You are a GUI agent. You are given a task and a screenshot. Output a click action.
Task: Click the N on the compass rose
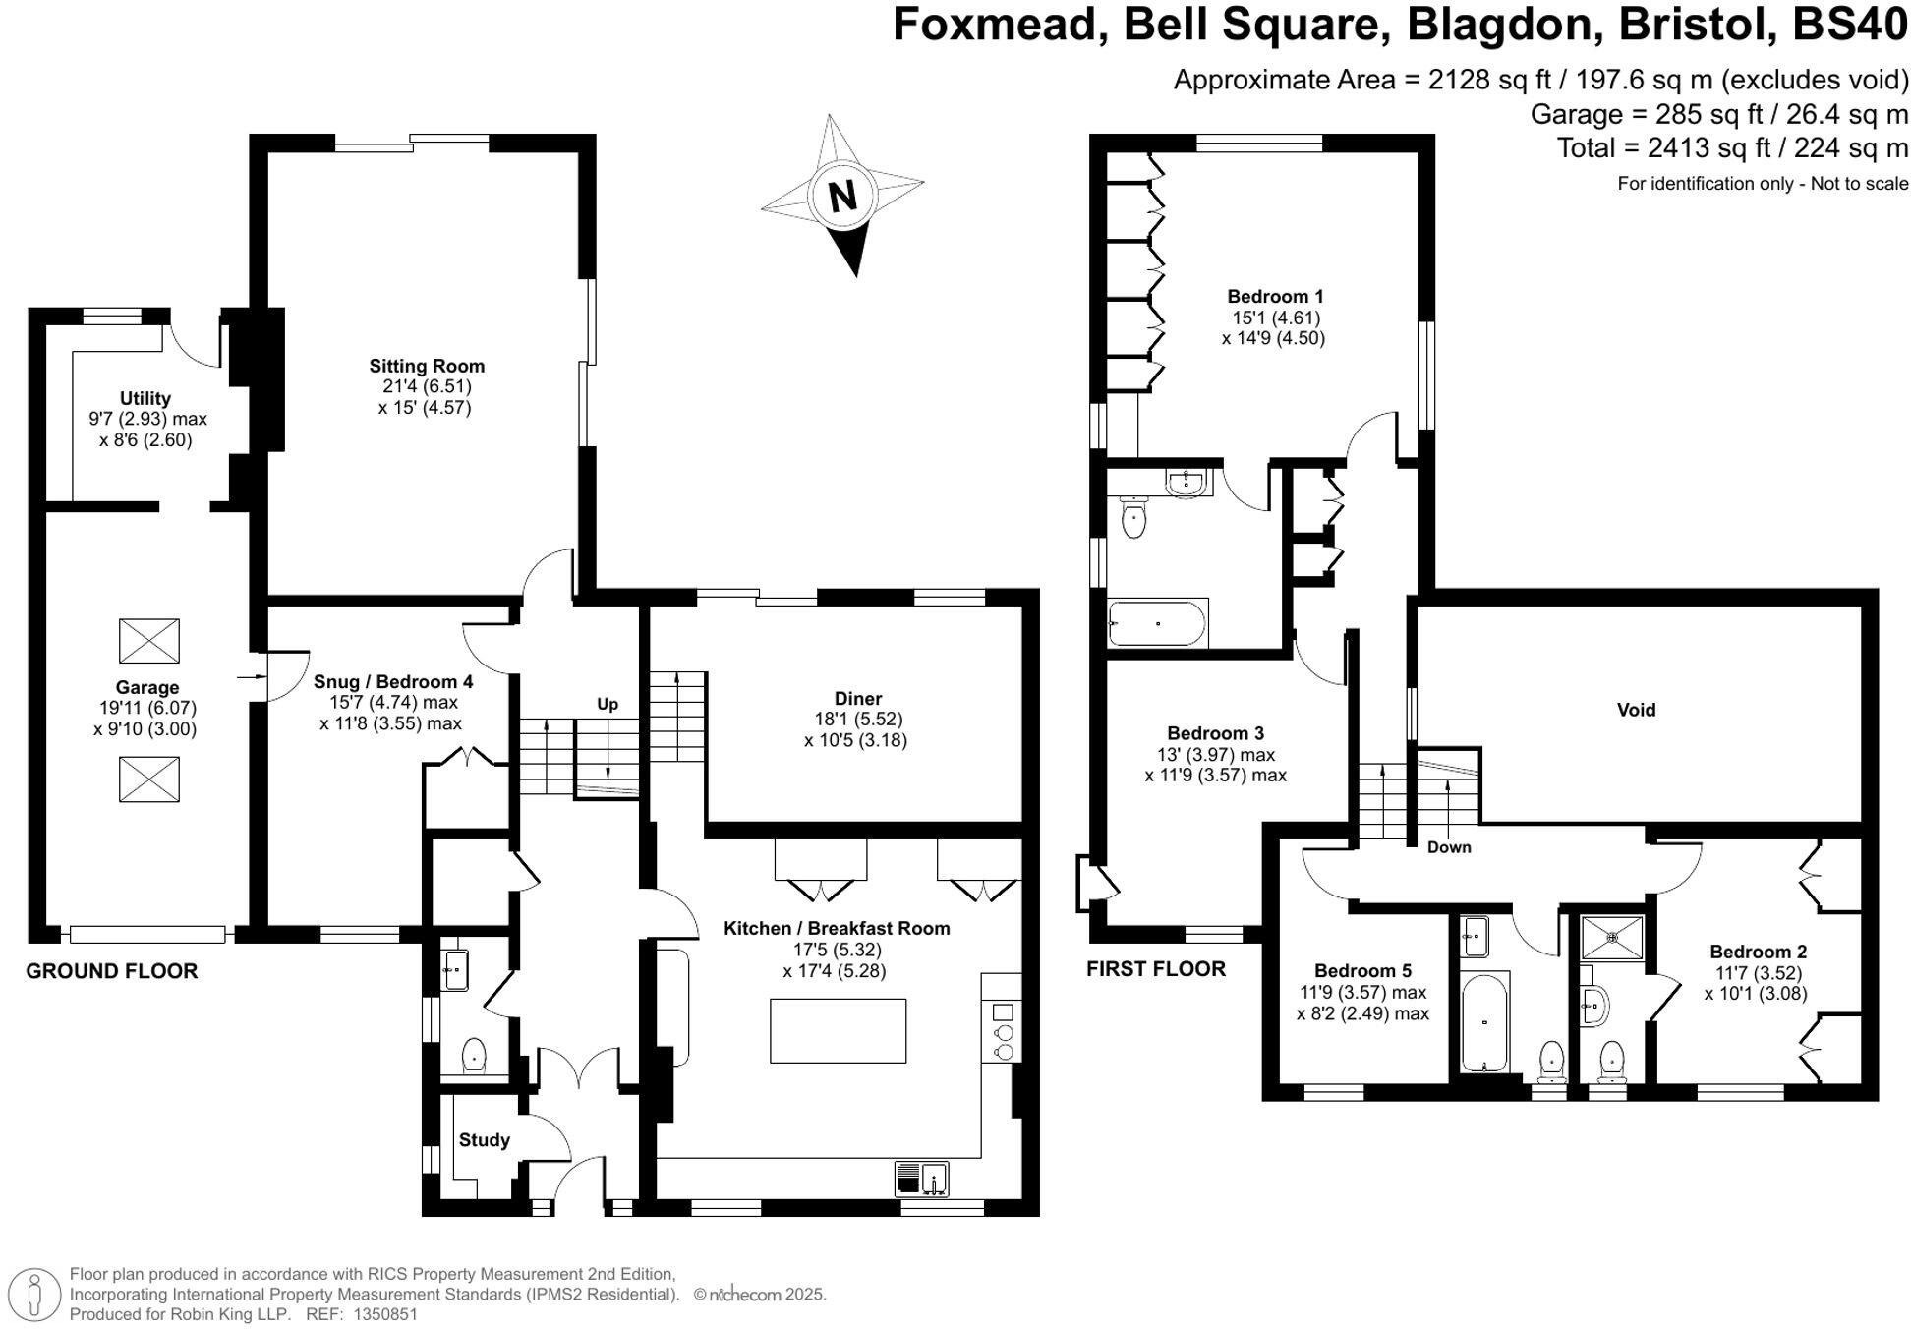tap(842, 197)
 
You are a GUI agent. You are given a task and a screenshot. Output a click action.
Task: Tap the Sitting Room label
tap(427, 366)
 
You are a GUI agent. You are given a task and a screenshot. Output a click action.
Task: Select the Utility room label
tap(145, 398)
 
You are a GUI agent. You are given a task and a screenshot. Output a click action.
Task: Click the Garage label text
tap(147, 687)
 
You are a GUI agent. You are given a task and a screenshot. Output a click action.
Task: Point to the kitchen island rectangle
tap(838, 1030)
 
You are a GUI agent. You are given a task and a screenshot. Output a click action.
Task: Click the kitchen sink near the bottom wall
tap(922, 1179)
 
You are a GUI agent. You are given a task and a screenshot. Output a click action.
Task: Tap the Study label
tap(484, 1140)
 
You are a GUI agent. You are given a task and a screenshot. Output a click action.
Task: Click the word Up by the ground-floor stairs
tap(608, 704)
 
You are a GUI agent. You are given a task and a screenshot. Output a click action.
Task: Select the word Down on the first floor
tap(1449, 847)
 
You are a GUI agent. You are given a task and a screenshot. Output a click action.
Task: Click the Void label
tap(1636, 710)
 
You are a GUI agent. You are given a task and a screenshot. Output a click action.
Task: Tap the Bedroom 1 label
tap(1275, 296)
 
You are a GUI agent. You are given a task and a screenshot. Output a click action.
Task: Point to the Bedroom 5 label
tap(1362, 971)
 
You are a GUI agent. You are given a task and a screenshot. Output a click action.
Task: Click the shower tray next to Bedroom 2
tap(1612, 937)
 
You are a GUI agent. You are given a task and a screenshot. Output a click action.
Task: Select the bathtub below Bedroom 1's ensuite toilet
tap(1157, 622)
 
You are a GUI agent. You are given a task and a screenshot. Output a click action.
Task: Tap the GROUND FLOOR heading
tap(112, 971)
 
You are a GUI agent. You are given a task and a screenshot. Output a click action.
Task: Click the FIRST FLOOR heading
tap(1156, 969)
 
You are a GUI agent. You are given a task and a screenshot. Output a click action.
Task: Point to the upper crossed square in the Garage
tap(149, 641)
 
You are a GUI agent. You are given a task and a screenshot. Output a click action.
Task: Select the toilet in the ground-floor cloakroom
tap(474, 1056)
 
